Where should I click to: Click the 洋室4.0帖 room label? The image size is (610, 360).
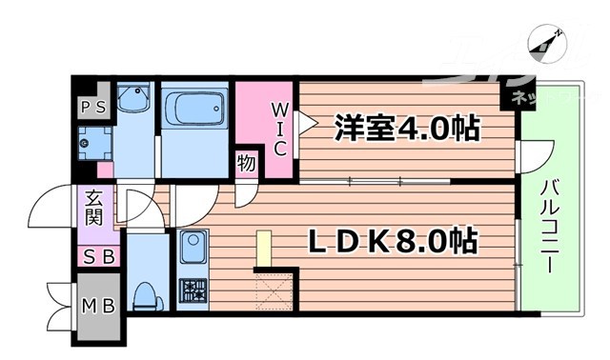pyautogui.click(x=406, y=128)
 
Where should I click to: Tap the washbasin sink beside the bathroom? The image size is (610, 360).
pyautogui.click(x=134, y=100)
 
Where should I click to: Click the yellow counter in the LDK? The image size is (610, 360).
pyautogui.click(x=264, y=250)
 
